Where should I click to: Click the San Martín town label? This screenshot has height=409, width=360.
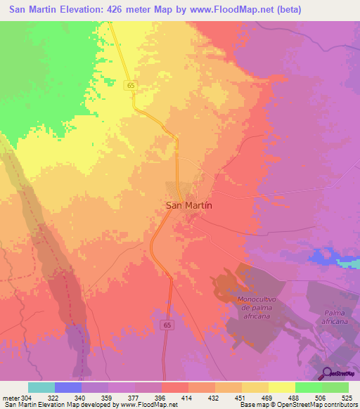[188, 205]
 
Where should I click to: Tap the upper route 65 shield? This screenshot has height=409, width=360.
[131, 85]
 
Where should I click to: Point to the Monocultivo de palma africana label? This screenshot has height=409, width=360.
[259, 308]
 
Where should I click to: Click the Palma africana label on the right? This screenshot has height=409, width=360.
[336, 317]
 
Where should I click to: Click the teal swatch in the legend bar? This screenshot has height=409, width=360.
[41, 387]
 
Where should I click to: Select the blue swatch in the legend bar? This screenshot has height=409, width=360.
[67, 387]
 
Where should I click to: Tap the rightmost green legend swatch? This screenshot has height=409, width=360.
[335, 387]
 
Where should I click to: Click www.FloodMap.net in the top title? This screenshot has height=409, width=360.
[247, 10]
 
